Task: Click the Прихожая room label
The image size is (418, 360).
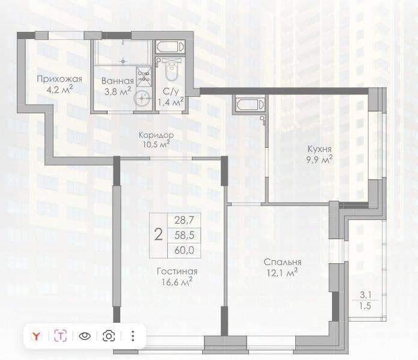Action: pos(59,79)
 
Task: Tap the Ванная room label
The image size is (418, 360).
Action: pos(117,81)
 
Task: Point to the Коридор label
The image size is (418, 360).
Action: pos(156,135)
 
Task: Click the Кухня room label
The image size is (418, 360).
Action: pos(319,148)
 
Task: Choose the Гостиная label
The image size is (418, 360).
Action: pos(177,271)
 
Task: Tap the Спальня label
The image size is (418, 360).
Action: pos(282,262)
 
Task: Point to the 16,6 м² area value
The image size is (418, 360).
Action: pos(177,281)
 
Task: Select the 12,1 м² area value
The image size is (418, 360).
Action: pos(282,273)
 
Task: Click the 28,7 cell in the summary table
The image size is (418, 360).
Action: pos(184,221)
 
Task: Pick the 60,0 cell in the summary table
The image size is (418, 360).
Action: pos(184,248)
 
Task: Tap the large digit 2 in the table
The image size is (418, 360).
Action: pos(158,234)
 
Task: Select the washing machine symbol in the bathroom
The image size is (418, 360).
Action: pos(144,76)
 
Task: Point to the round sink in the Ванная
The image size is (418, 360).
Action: pos(143,99)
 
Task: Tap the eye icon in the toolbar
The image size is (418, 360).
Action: pos(85,336)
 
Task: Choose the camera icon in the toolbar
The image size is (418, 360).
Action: pos(109,336)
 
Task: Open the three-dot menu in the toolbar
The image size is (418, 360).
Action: pos(133,336)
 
